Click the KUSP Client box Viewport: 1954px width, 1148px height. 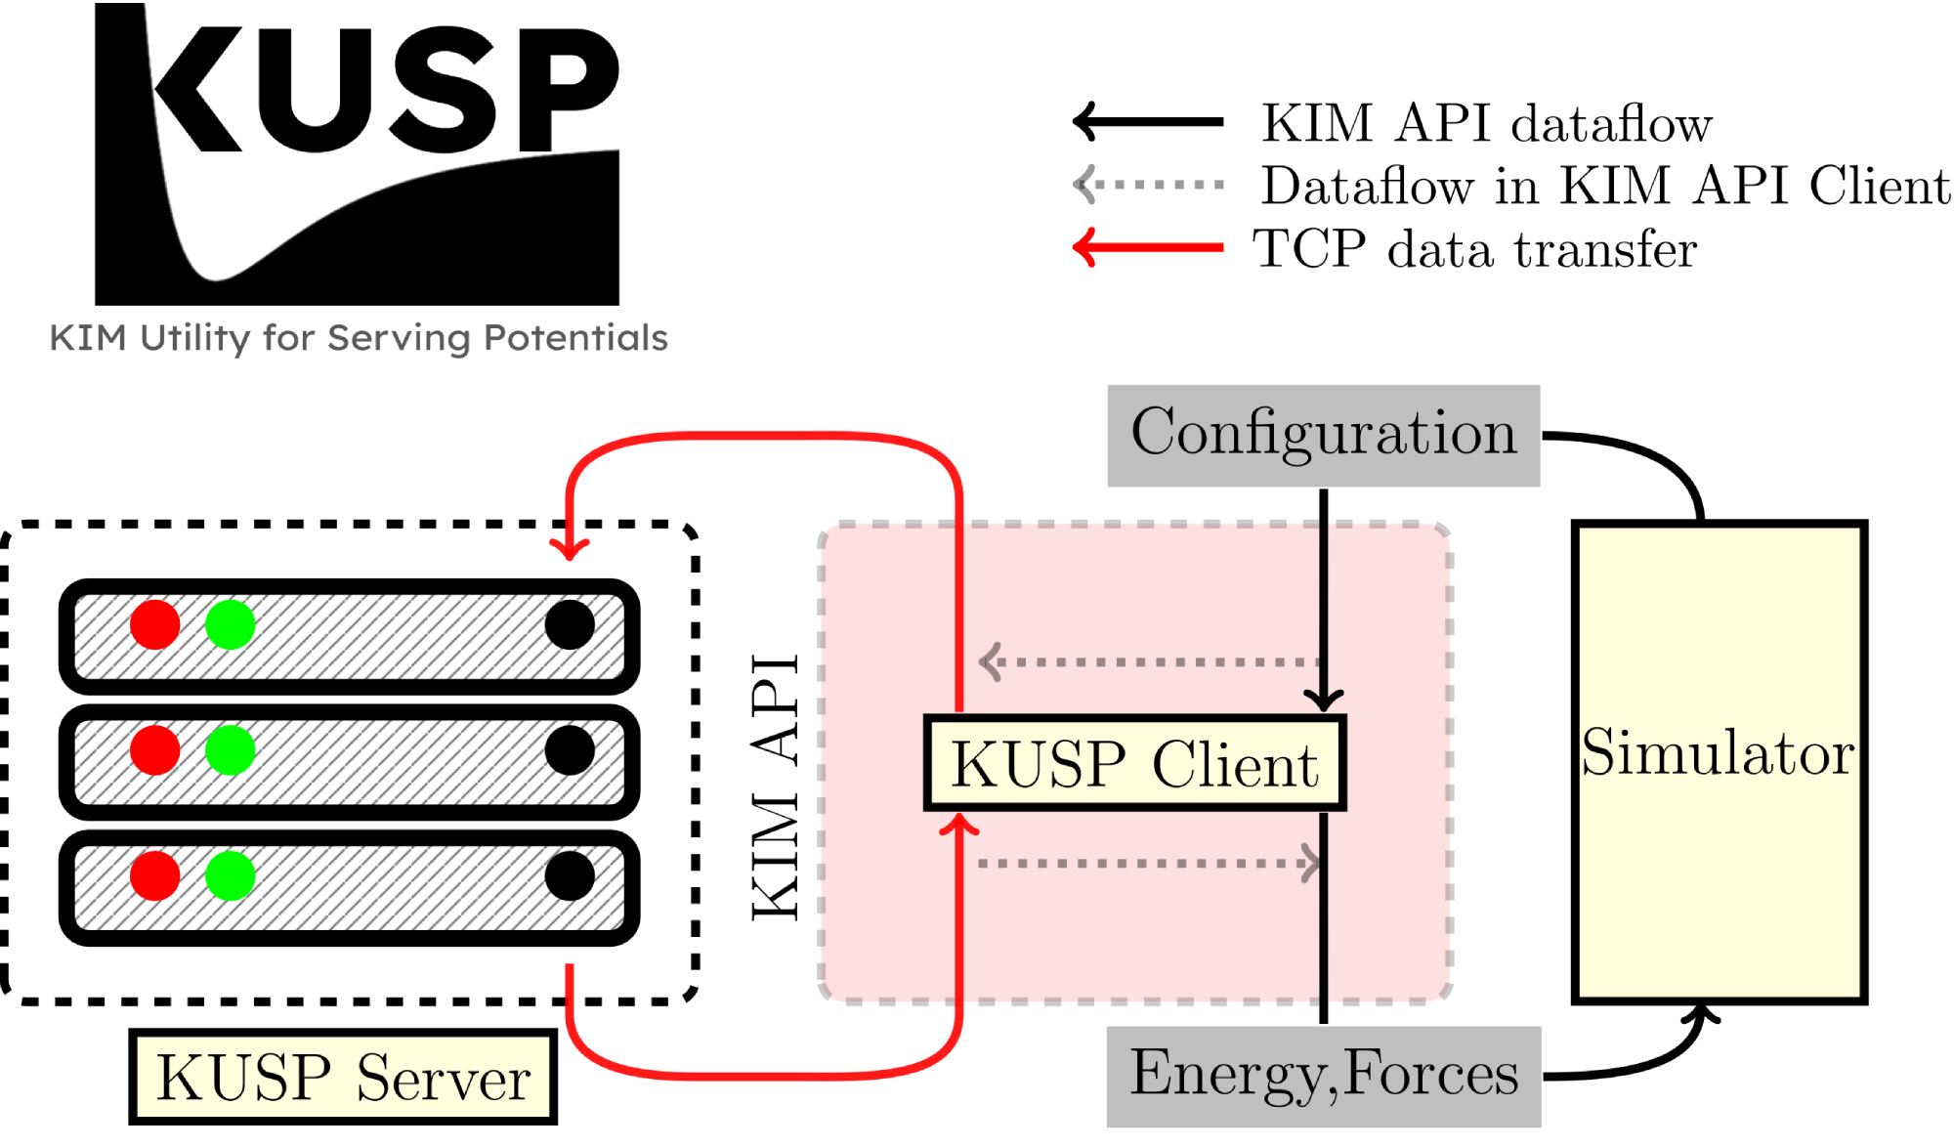point(1134,763)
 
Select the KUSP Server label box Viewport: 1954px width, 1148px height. point(343,1077)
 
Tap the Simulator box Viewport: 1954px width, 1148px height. point(1719,762)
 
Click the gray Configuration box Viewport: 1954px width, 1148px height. point(1323,435)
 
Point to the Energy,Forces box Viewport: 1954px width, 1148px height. point(1323,1076)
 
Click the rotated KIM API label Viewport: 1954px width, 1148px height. point(776,787)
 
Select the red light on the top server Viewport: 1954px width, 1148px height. point(155,624)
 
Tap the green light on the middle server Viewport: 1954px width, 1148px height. point(231,750)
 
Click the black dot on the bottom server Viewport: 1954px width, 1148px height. point(570,874)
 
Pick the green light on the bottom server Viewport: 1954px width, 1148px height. point(231,874)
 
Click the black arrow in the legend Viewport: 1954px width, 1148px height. point(1148,122)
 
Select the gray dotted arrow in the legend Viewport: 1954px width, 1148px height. point(1148,184)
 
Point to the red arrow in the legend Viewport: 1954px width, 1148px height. point(1148,247)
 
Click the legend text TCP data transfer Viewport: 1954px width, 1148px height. point(1474,249)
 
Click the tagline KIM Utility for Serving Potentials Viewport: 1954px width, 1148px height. point(359,338)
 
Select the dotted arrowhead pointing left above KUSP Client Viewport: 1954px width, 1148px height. point(991,661)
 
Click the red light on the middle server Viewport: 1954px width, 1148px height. point(155,750)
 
